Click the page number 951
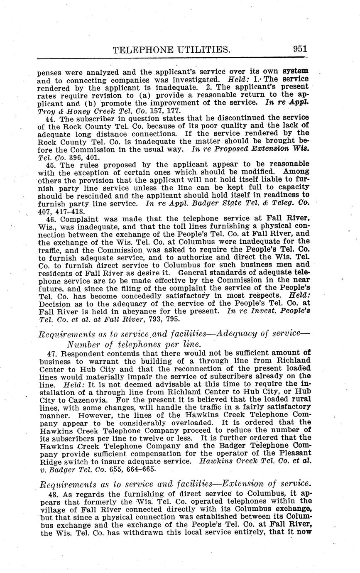coord(299,48)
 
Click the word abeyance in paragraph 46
coord(128,311)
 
